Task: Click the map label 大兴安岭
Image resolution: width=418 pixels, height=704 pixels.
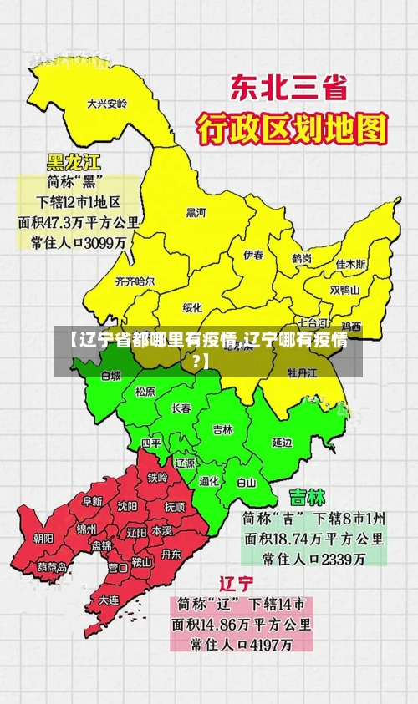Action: click(107, 104)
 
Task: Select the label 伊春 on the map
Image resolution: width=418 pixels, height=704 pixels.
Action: click(254, 254)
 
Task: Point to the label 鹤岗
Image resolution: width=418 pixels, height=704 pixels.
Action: click(302, 259)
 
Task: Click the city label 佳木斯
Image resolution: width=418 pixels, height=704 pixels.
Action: click(351, 264)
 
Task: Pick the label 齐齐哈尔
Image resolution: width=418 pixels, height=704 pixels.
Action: click(135, 281)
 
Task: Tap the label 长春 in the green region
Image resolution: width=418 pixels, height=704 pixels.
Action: click(181, 408)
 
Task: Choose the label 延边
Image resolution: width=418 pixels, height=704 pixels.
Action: click(283, 442)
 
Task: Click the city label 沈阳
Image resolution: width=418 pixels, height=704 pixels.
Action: click(127, 505)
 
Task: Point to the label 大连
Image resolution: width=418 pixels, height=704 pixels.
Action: click(110, 599)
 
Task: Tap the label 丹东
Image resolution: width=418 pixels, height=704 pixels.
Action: click(171, 553)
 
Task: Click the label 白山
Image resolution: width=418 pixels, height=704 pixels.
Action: click(247, 482)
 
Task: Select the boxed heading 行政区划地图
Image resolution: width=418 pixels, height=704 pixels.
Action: click(293, 129)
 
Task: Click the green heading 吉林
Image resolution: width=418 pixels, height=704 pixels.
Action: click(307, 497)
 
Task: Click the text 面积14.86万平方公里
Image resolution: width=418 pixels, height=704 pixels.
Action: click(242, 624)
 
